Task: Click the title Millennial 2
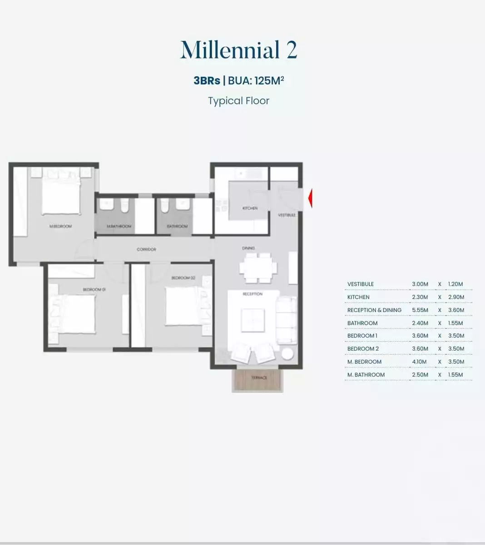coord(238,50)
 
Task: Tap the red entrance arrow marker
coord(310,198)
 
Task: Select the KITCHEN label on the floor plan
coord(250,208)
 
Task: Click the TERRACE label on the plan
coord(259,377)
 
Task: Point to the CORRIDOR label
coord(146,249)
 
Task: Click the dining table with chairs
coord(258,267)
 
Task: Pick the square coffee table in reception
coord(252,320)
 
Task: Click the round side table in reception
coord(287,354)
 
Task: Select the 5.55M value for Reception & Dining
coord(420,310)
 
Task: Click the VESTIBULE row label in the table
coord(361,284)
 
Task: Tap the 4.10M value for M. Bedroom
coord(419,362)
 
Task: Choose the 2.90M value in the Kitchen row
coord(456,297)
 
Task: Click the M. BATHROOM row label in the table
coord(366,375)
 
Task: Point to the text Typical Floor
coord(238,101)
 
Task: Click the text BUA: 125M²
coord(256,80)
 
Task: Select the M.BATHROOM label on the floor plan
coord(119,226)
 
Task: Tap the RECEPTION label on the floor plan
coord(252,294)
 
